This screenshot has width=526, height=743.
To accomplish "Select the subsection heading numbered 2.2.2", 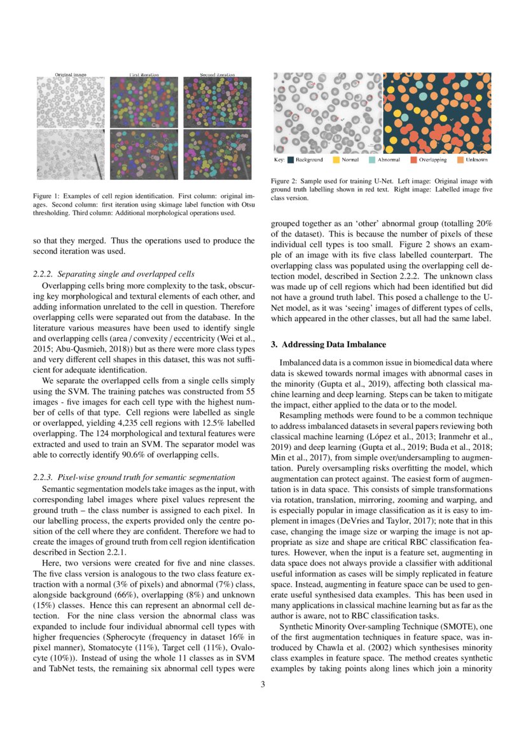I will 114,274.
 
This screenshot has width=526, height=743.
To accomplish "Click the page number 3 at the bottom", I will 263,684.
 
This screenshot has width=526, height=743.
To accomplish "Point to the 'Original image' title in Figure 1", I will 71,74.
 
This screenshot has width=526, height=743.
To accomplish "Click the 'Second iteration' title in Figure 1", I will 217,74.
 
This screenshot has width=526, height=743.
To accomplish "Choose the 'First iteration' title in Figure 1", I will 144,74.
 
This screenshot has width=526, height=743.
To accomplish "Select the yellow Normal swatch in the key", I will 336,160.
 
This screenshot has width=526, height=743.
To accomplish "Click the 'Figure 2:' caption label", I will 284,181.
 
